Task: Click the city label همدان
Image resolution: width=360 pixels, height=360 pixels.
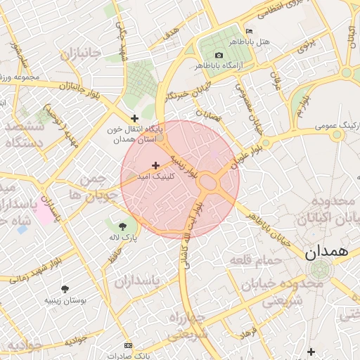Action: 328,252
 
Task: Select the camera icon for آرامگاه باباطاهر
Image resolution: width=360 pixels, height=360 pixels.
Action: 219,55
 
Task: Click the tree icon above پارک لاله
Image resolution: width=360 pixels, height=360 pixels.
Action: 124,226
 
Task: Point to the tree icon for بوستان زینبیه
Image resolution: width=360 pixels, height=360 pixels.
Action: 65,288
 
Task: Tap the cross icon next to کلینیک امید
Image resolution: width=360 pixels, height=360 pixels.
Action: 155,165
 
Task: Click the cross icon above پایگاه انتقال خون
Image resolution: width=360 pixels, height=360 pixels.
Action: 134,118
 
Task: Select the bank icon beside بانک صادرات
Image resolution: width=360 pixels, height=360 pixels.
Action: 127,345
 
